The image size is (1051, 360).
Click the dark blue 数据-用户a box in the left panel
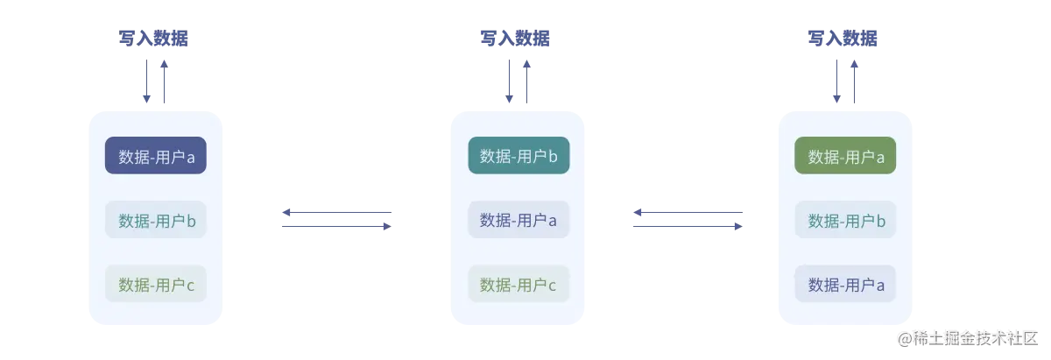pyautogui.click(x=156, y=156)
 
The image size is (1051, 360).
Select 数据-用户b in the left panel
pyautogui.click(x=156, y=220)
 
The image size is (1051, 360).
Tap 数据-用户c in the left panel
pyautogui.click(x=156, y=284)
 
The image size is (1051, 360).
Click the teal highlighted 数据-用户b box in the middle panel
pyautogui.click(x=518, y=156)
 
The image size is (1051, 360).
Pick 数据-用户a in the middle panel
pyautogui.click(x=518, y=220)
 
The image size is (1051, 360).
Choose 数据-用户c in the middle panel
pyautogui.click(x=518, y=284)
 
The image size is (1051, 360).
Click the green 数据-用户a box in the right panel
pyautogui.click(x=845, y=156)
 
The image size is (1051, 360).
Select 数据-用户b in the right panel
pyautogui.click(x=845, y=220)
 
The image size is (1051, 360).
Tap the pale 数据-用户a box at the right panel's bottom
pyautogui.click(x=845, y=284)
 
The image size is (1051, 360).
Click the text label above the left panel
pyautogui.click(x=155, y=39)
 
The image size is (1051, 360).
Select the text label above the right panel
pyautogui.click(x=844, y=39)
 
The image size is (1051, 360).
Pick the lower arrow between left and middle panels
pyautogui.click(x=335, y=228)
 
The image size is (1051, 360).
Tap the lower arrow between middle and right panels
pyautogui.click(x=687, y=228)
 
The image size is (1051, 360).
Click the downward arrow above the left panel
pyautogui.click(x=145, y=81)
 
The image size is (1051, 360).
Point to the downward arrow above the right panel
pyautogui.click(x=838, y=81)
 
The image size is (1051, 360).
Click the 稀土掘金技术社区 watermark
pyautogui.click(x=967, y=337)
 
